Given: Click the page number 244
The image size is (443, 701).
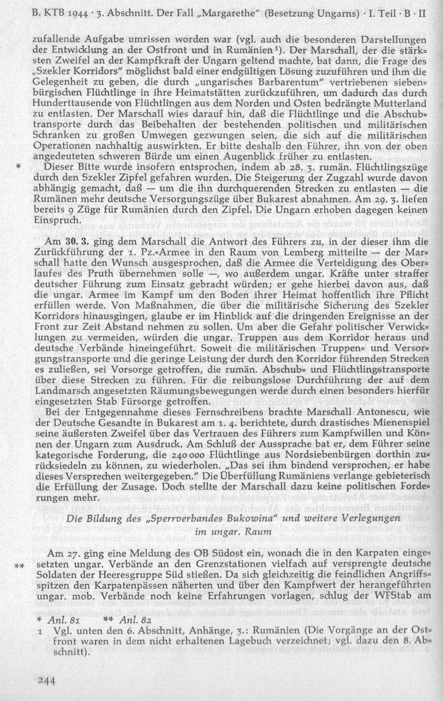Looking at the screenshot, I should coord(47,681).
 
